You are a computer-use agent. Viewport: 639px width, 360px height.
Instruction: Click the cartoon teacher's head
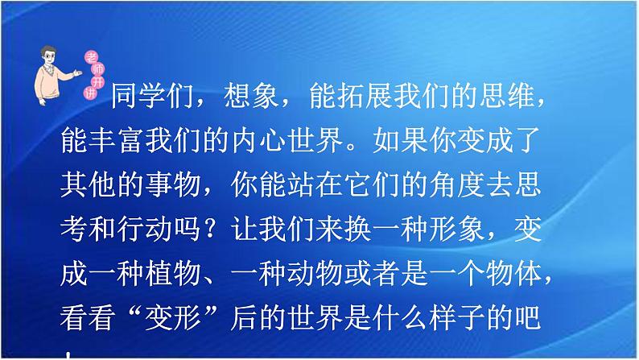coord(48,56)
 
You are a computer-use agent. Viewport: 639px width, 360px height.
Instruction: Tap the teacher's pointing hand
coord(76,73)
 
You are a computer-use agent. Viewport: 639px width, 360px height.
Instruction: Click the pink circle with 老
coord(91,57)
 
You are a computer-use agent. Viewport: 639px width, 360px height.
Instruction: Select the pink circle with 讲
coord(89,93)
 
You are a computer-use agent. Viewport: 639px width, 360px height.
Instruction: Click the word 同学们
coord(152,96)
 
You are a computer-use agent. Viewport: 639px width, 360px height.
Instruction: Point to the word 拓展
coord(350,96)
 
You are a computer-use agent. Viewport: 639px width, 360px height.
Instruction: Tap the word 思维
coord(506,96)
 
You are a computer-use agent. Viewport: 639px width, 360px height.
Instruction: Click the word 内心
coord(258,140)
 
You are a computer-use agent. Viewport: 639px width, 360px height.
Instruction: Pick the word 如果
coord(401,140)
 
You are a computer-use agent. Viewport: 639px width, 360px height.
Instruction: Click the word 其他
coord(88,184)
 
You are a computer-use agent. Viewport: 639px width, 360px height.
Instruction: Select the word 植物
coord(173,274)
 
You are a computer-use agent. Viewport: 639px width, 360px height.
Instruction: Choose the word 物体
coord(514,274)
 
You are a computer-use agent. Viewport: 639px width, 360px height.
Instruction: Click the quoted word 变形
coord(173,318)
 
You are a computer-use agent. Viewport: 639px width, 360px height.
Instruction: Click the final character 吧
coord(528,318)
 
